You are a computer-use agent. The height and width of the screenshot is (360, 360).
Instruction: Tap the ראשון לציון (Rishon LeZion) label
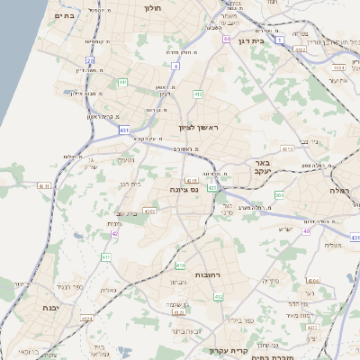pyautogui.click(x=199, y=129)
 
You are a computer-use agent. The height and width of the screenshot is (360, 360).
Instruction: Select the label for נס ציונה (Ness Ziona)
pyautogui.click(x=184, y=189)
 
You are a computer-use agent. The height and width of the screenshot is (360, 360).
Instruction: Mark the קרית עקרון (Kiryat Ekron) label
pyautogui.click(x=220, y=350)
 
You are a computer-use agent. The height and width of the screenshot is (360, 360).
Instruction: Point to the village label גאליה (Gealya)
pyautogui.click(x=110, y=290)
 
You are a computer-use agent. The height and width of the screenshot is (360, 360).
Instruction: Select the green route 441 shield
pyautogui.click(x=122, y=83)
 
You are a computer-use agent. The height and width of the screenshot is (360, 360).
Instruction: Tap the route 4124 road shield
pyautogui.click(x=87, y=319)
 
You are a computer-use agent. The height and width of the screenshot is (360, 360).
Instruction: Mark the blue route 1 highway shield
pyautogui.click(x=281, y=40)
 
